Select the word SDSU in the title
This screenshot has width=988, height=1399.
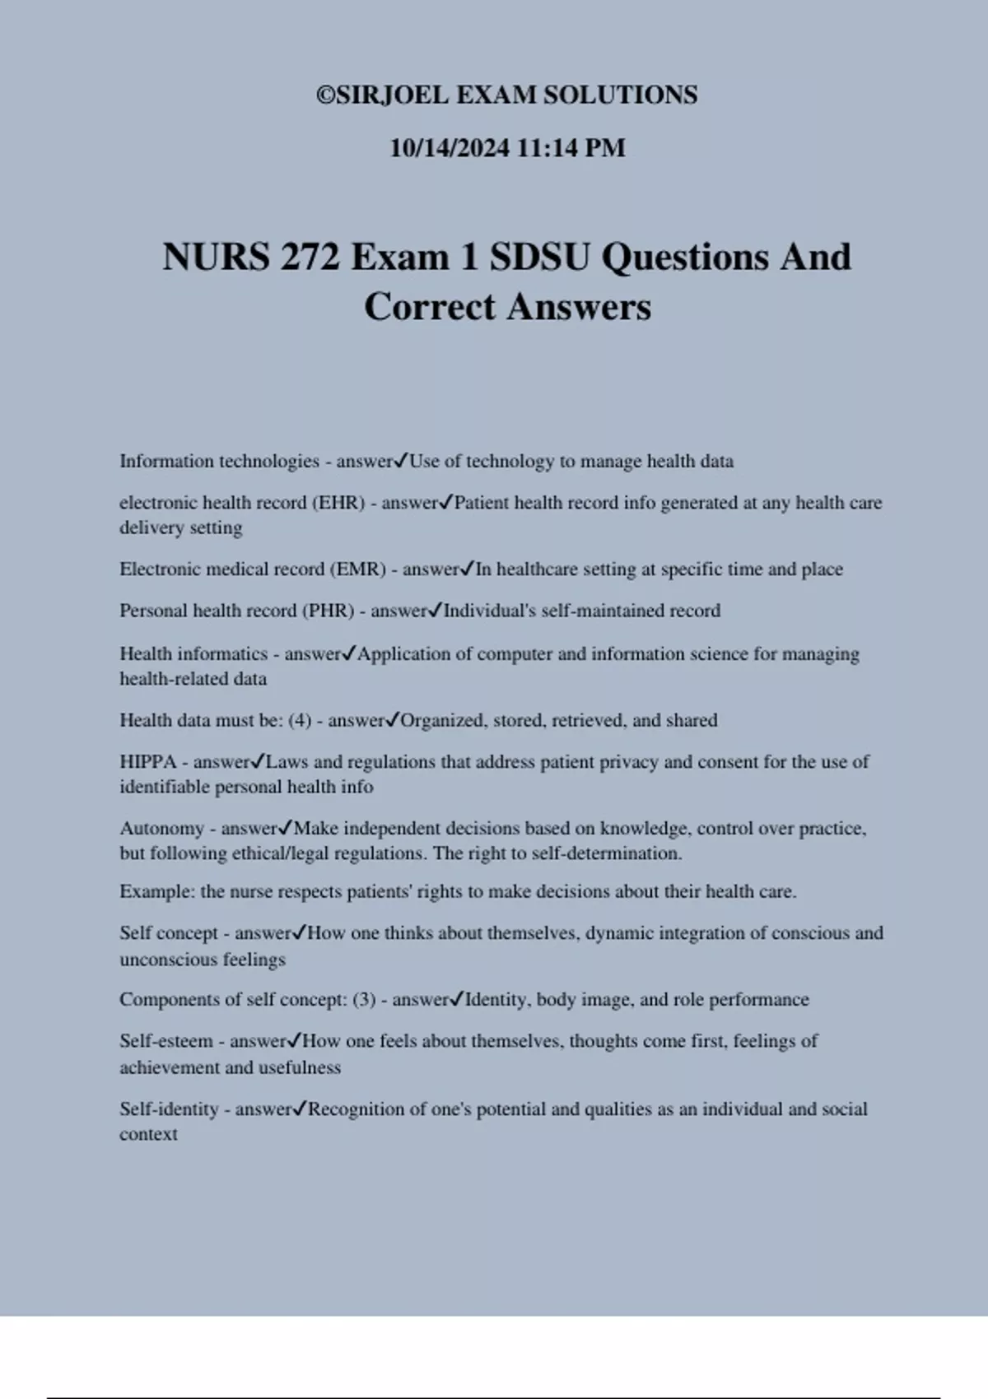(539, 258)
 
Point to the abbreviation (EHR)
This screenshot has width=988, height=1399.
(338, 503)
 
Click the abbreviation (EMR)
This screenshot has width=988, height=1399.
(357, 569)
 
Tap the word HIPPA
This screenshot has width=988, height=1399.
(148, 762)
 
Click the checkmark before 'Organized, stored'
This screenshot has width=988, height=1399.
(393, 720)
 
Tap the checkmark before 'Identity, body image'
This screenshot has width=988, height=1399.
(458, 999)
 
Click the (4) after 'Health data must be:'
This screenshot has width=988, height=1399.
(300, 721)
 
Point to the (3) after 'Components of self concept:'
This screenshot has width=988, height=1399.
(364, 1000)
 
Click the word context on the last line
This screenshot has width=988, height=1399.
(148, 1134)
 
